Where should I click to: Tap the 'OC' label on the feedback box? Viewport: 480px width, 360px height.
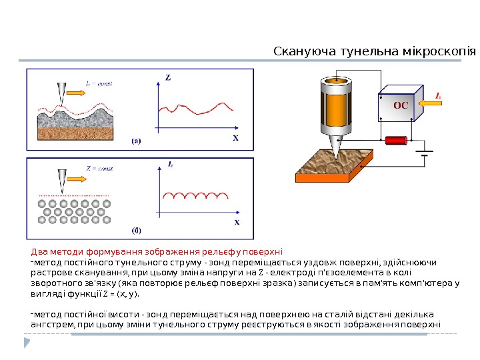pyautogui.click(x=399, y=105)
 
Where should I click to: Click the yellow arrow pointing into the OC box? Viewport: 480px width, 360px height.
pyautogui.click(x=422, y=103)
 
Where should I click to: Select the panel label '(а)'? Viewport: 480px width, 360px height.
pyautogui.click(x=135, y=141)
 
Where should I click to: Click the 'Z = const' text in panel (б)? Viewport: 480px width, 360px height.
pyautogui.click(x=99, y=169)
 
